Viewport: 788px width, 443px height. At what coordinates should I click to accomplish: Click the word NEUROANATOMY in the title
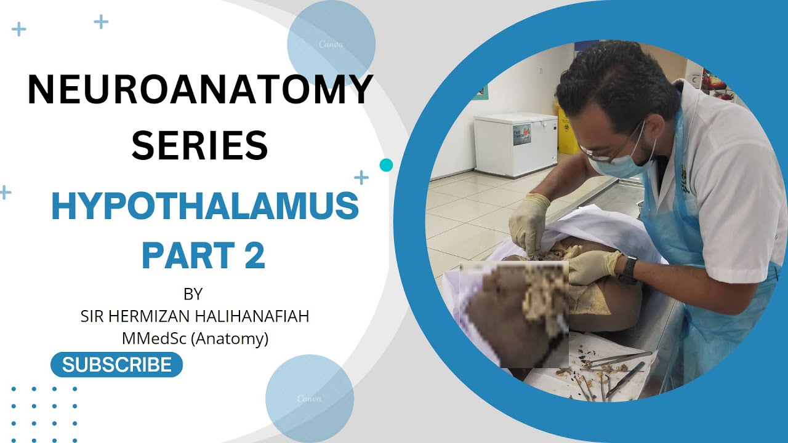(200, 90)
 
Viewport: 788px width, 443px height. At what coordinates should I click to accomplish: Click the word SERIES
(200, 146)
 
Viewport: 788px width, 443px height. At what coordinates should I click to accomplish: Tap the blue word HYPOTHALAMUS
(204, 206)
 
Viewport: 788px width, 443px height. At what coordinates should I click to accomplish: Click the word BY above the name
(193, 293)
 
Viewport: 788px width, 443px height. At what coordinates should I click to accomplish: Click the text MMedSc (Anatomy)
(195, 338)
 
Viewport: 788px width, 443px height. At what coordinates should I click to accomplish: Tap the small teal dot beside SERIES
(386, 165)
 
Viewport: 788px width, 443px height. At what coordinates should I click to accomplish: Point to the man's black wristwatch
(628, 271)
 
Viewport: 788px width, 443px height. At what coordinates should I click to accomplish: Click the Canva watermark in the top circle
(331, 44)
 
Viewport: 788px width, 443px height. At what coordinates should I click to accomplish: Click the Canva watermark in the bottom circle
(309, 398)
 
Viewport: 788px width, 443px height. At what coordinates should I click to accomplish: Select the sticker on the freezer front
(522, 134)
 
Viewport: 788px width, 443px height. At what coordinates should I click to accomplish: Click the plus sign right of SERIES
(361, 178)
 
